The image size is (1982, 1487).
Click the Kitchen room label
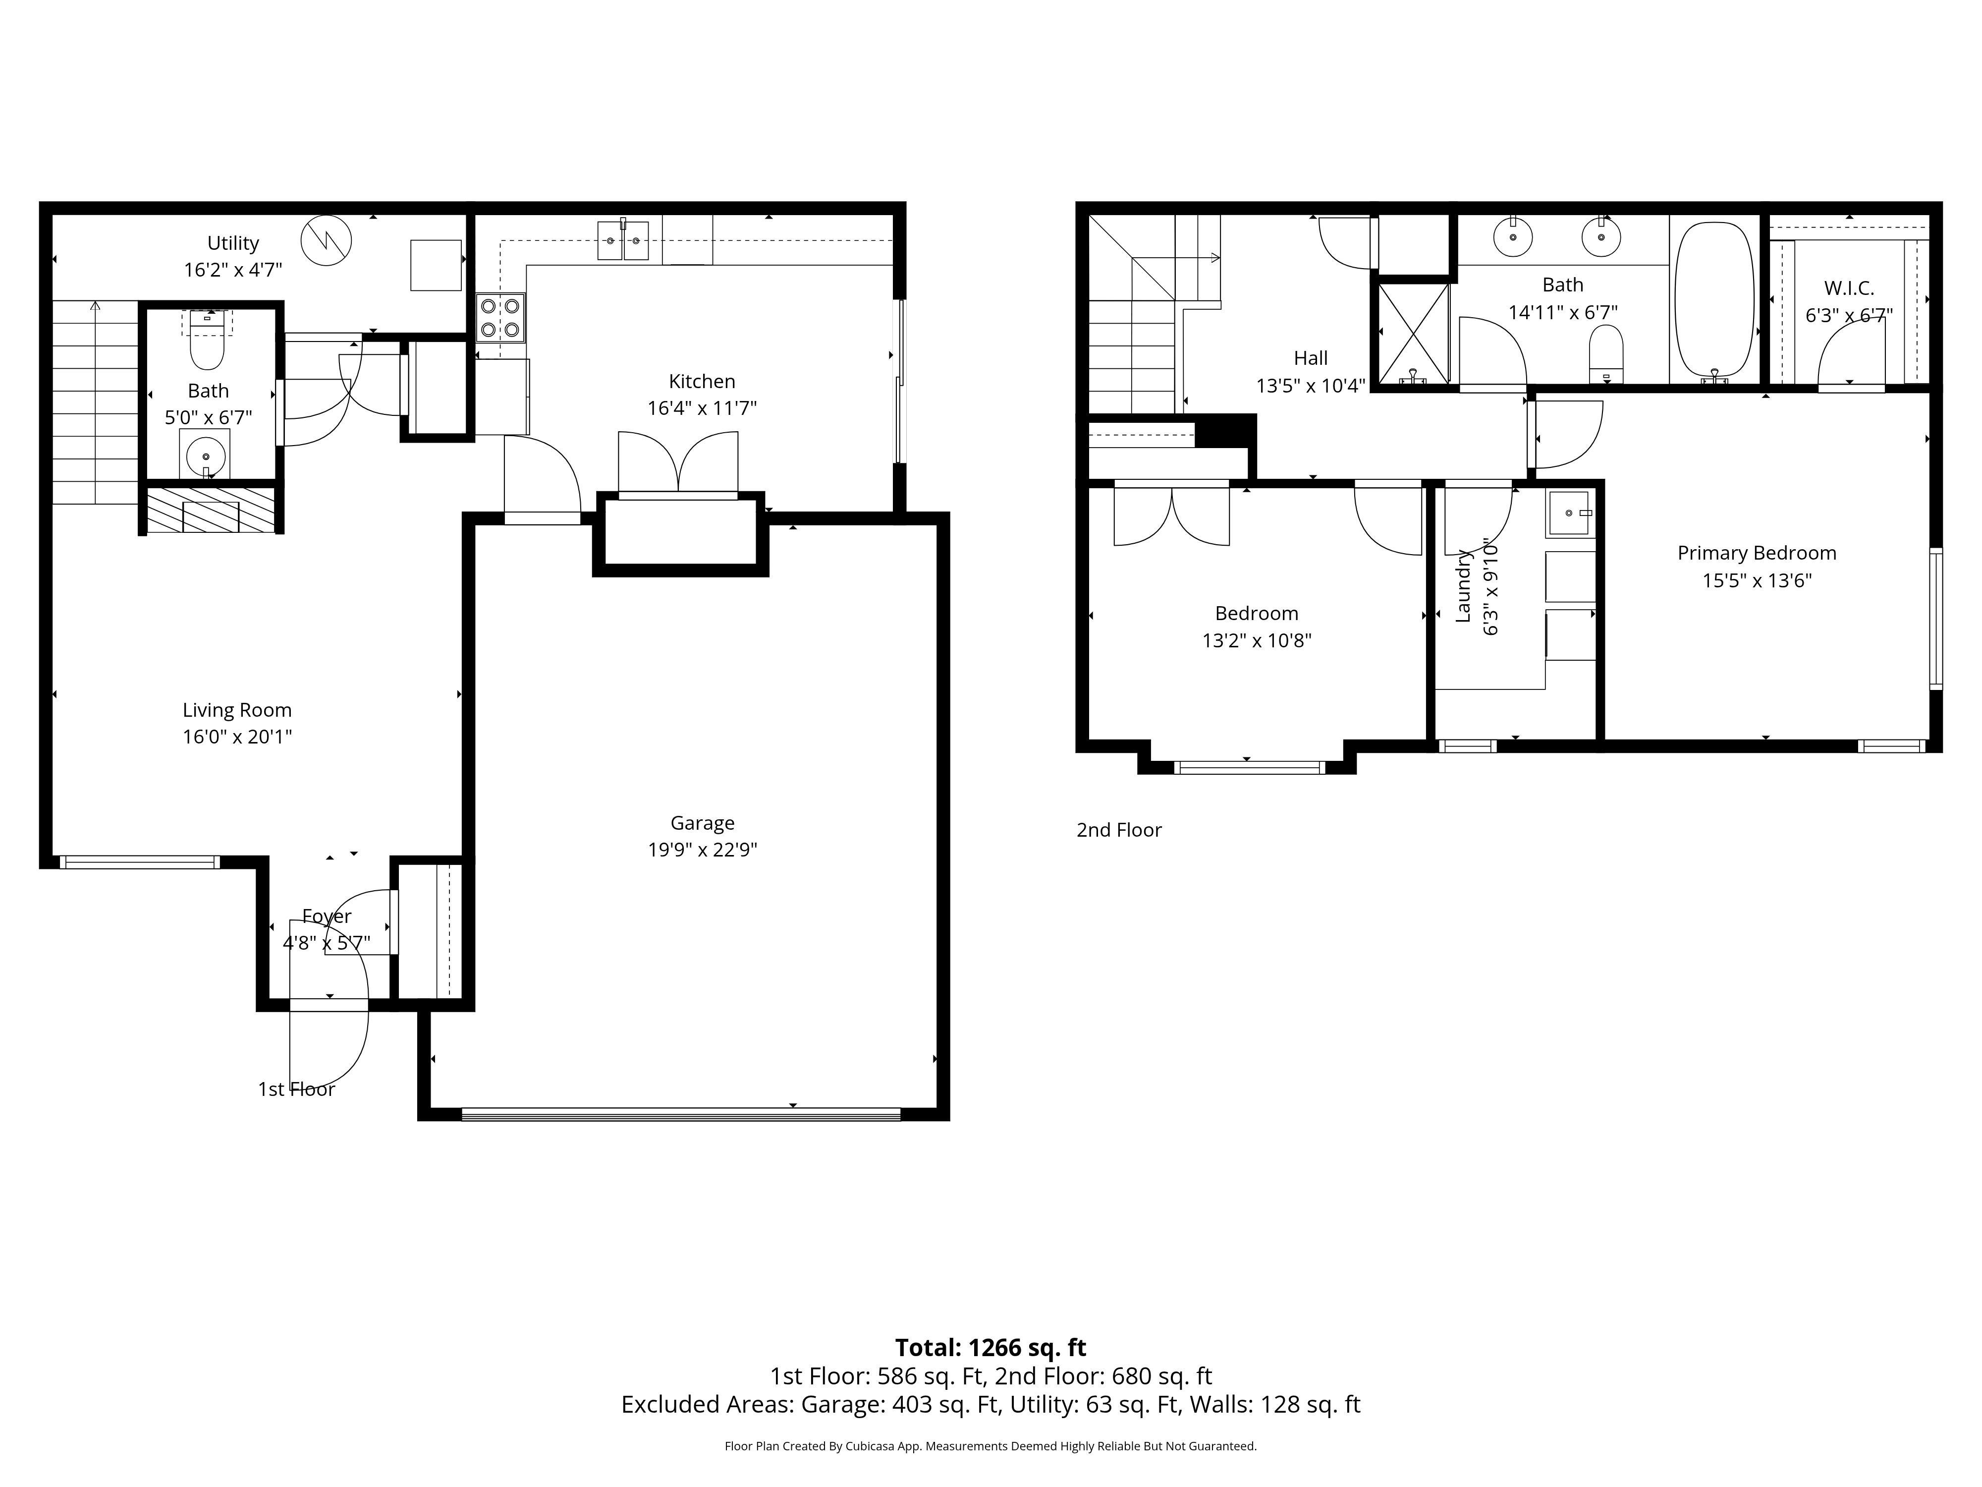click(702, 381)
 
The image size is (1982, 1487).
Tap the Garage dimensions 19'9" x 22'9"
click(703, 849)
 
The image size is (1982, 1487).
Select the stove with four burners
click(500, 317)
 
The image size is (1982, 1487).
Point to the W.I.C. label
click(1849, 288)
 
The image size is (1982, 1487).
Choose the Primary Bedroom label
click(1756, 553)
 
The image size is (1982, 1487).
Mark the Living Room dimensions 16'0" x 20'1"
click(237, 737)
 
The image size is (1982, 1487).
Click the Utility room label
click(233, 243)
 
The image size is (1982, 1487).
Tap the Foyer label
click(326, 916)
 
